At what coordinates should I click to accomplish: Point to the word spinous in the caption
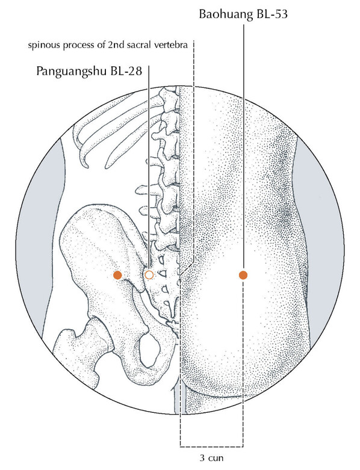[40, 46]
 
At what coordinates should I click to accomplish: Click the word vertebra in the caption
[174, 45]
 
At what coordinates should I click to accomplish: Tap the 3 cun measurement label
[211, 458]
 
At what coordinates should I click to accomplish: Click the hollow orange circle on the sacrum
[149, 274]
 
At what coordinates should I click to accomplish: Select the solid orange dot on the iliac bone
[117, 275]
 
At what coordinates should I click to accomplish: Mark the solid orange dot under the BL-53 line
[243, 275]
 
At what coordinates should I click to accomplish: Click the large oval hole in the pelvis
[149, 350]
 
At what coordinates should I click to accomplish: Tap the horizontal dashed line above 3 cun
[212, 447]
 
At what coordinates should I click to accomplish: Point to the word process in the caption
[70, 46]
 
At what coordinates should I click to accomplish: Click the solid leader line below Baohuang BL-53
[243, 147]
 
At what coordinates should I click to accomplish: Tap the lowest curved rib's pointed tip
[86, 167]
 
